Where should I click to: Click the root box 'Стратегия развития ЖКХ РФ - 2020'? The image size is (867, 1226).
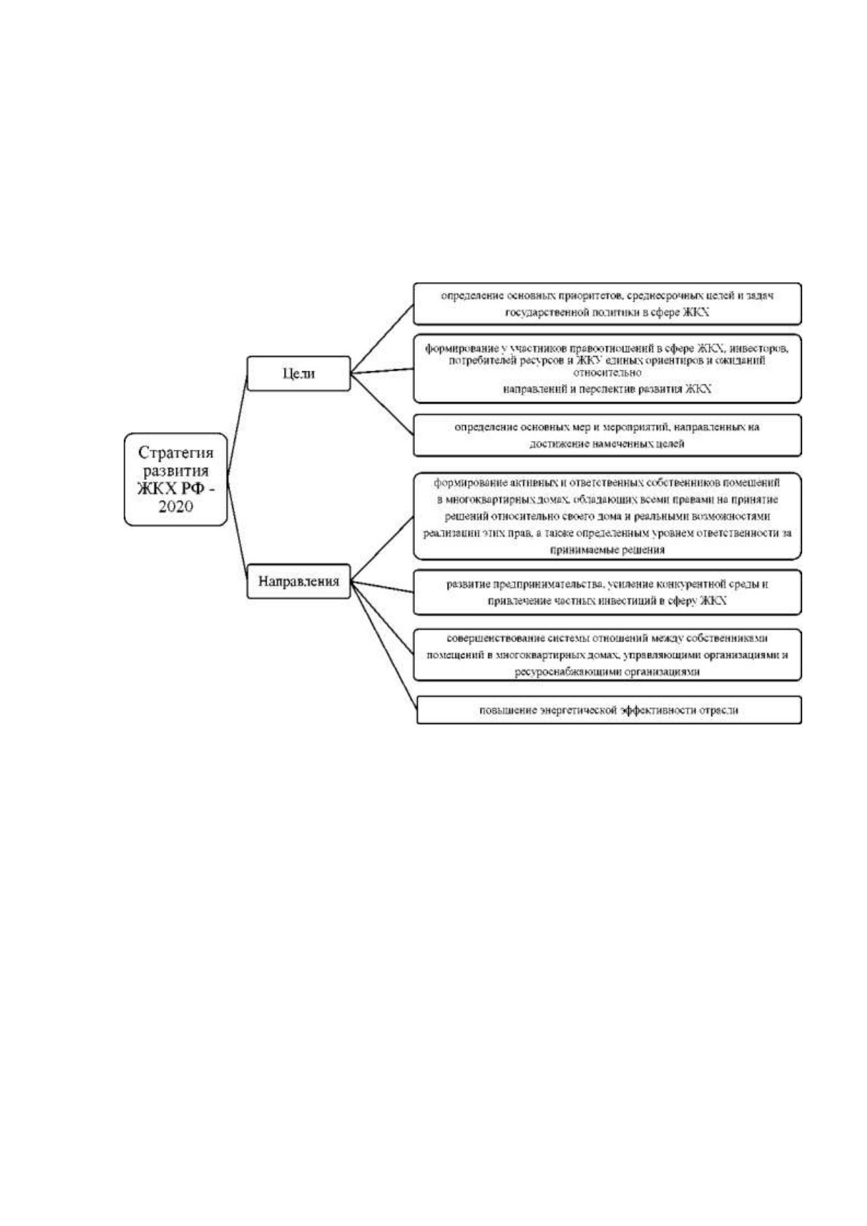[x=175, y=480]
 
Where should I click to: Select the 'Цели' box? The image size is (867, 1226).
[x=298, y=373]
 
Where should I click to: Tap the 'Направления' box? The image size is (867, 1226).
[x=298, y=581]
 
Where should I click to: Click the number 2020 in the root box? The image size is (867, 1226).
[x=175, y=506]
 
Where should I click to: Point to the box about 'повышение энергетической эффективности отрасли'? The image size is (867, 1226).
[x=609, y=710]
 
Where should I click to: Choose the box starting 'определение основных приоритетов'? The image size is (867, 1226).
[x=607, y=304]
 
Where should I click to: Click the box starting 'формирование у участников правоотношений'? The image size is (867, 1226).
[x=607, y=368]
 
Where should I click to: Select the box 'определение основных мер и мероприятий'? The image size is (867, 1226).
[x=607, y=435]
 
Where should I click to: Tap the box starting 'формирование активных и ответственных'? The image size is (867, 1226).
[x=607, y=516]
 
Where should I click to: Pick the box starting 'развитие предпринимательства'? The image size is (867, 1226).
[x=607, y=592]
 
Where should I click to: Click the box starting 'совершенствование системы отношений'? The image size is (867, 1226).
[x=607, y=654]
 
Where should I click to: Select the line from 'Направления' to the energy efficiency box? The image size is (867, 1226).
[x=384, y=646]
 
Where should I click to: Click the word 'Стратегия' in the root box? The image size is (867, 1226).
[x=175, y=453]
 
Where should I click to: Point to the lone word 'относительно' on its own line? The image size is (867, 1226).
[x=607, y=373]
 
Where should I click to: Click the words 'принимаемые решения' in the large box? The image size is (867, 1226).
[x=607, y=550]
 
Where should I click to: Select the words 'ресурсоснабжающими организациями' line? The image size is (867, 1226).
[x=607, y=671]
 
